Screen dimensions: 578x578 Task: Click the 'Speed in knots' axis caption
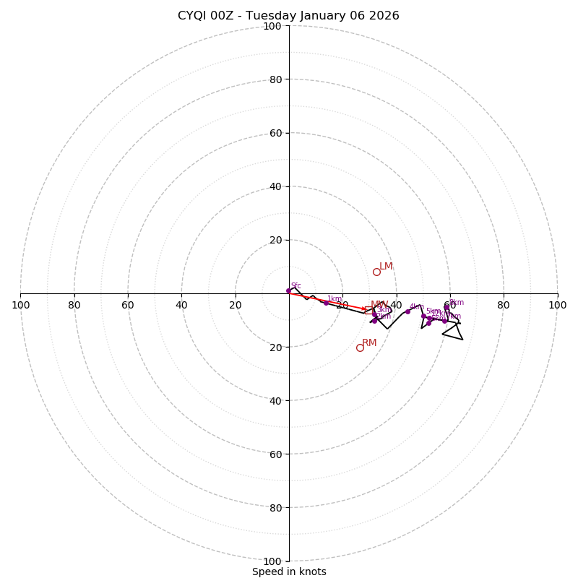[289, 571]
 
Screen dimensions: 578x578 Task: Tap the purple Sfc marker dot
[288, 290]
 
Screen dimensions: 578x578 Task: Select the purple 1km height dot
[326, 303]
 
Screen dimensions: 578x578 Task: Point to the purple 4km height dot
[407, 311]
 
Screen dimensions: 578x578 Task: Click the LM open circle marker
[376, 272]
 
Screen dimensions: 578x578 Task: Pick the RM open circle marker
[360, 348]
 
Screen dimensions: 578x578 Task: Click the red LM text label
[387, 267]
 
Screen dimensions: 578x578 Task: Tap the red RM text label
[369, 342]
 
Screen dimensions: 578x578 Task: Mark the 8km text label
[457, 303]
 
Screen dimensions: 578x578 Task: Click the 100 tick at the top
[272, 26]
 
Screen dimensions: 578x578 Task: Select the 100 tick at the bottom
[272, 561]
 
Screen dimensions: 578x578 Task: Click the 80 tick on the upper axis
[275, 79]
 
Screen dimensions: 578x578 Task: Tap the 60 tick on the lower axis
[275, 454]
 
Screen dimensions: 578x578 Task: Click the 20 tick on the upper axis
[275, 240]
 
